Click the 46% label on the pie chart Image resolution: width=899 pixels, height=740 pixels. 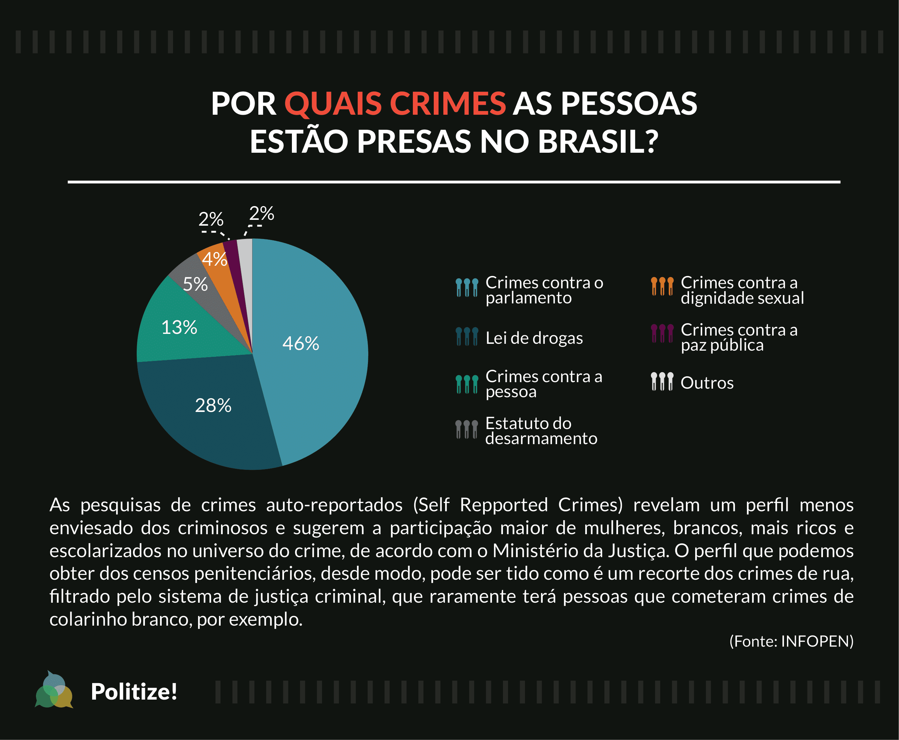[x=301, y=343]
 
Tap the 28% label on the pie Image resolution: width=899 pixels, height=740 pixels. [x=213, y=405]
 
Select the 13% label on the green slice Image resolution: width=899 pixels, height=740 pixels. [x=179, y=328]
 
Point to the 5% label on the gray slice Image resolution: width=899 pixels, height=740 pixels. [x=195, y=284]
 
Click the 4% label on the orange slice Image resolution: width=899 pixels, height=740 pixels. [x=214, y=259]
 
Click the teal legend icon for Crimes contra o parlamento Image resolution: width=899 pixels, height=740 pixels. [x=467, y=287]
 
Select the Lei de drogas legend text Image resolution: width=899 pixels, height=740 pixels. [x=534, y=338]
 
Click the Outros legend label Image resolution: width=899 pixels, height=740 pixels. [x=707, y=383]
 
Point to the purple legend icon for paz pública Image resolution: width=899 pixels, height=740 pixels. [x=662, y=333]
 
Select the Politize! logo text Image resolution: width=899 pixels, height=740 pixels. [x=134, y=691]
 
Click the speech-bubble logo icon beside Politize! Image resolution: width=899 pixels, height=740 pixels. [x=54, y=691]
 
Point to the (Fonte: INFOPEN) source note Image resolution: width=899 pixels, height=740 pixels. [x=791, y=641]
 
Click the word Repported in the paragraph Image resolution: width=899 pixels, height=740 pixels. [x=504, y=505]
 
